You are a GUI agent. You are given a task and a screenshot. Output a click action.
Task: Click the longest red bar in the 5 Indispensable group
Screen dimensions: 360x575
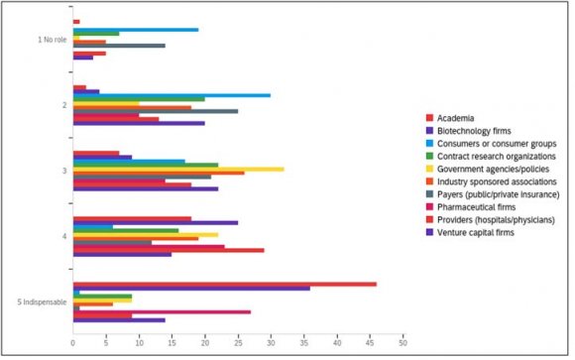click(224, 284)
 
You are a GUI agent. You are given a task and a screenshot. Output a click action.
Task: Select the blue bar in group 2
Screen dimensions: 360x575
click(172, 95)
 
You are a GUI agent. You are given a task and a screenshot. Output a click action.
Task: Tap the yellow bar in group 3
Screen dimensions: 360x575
click(178, 169)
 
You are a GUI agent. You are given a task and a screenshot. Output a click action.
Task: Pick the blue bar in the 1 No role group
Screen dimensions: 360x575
click(135, 30)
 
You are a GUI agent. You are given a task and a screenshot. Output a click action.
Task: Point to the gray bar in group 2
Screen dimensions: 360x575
click(155, 111)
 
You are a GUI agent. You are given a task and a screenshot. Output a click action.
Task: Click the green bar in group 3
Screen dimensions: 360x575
click(145, 165)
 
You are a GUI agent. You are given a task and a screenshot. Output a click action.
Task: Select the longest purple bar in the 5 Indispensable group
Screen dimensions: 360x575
click(190, 289)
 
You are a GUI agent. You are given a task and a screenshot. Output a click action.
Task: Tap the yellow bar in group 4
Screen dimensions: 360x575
click(145, 234)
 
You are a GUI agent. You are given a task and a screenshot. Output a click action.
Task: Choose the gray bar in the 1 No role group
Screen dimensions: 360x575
click(119, 46)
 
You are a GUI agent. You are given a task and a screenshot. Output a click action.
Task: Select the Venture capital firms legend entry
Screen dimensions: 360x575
click(478, 233)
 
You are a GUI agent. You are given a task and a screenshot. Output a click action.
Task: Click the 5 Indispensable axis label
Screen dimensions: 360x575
click(41, 300)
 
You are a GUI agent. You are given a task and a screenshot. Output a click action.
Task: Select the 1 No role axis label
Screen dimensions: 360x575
click(49, 40)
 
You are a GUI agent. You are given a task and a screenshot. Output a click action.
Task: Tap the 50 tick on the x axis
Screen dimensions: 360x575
click(402, 342)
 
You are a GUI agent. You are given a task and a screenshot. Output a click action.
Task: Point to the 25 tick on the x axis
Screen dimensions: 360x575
click(237, 342)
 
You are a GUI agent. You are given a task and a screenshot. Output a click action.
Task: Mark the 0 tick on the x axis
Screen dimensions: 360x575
click(72, 342)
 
